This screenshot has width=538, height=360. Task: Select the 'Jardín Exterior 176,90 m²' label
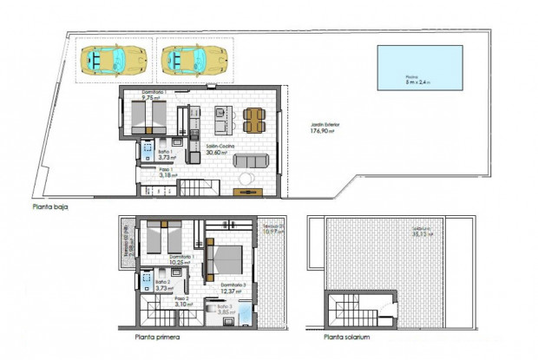326,129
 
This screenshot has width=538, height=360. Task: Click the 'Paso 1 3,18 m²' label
169,172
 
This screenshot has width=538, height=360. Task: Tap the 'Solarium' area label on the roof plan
424,232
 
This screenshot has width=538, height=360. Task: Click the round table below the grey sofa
246,179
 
